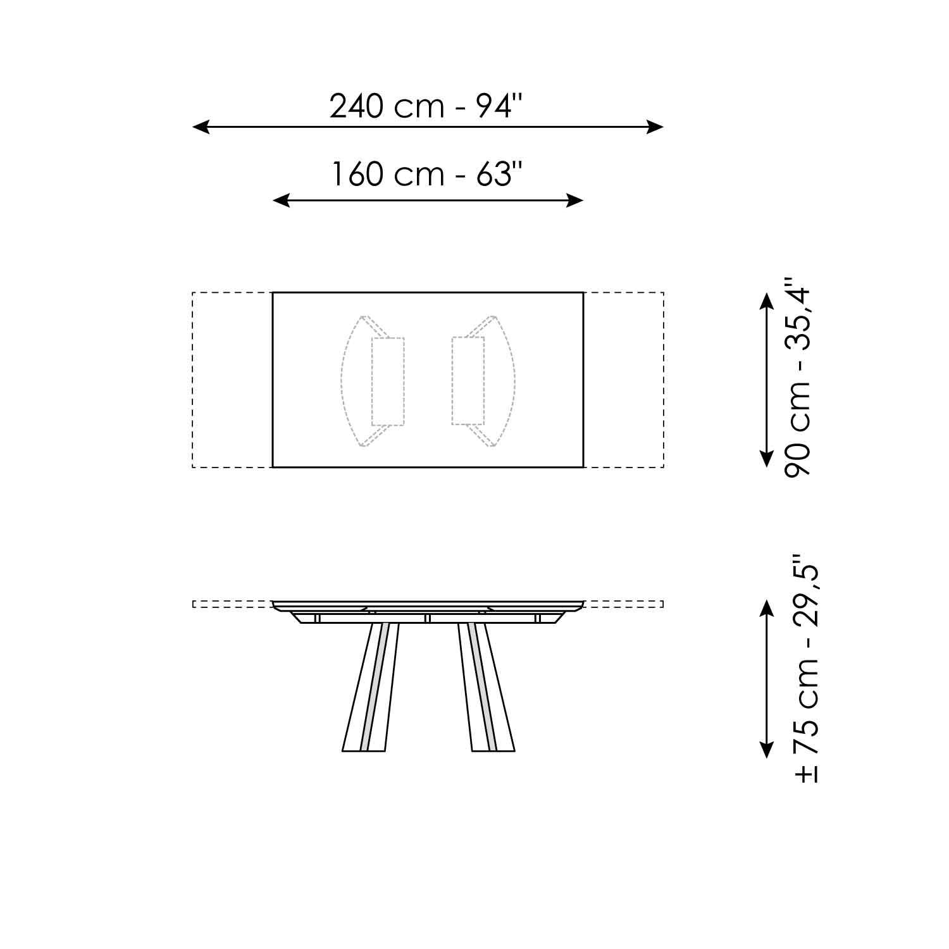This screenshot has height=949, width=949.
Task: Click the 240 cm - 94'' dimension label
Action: (428, 106)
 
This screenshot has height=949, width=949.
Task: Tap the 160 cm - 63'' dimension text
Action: (428, 174)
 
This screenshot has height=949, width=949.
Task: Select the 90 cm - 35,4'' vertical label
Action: (797, 376)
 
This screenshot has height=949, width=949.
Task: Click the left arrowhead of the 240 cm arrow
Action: (201, 127)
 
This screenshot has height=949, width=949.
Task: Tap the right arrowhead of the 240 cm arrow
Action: (655, 127)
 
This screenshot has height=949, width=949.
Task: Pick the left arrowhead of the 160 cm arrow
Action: (281, 201)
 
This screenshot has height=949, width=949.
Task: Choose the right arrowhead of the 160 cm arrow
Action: (574, 201)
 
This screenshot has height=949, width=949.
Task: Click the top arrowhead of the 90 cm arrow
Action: (767, 301)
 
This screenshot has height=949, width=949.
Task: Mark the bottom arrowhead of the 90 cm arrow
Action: (767, 459)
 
